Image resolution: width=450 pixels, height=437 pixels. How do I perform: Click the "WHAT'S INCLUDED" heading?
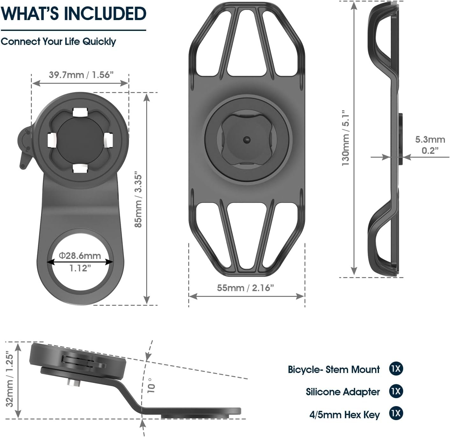pyautogui.click(x=74, y=14)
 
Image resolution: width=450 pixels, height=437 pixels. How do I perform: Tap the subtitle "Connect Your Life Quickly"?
pyautogui.click(x=58, y=42)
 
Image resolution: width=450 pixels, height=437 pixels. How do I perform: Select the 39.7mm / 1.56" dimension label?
pyautogui.click(x=81, y=75)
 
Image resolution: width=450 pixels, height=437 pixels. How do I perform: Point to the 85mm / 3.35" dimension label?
pyautogui.click(x=138, y=199)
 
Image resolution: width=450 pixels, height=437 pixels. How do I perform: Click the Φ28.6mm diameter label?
pyautogui.click(x=80, y=256)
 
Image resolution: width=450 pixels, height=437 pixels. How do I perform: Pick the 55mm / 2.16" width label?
pyautogui.click(x=245, y=288)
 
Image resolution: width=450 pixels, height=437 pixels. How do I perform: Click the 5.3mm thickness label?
pyautogui.click(x=430, y=140)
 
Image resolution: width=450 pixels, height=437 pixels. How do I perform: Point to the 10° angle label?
pyautogui.click(x=151, y=385)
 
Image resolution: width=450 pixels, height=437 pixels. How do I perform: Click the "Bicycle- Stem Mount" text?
pyautogui.click(x=333, y=369)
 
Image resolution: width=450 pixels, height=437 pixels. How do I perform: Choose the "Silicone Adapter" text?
pyautogui.click(x=343, y=392)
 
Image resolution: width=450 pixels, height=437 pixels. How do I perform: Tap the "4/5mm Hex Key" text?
pyautogui.click(x=345, y=414)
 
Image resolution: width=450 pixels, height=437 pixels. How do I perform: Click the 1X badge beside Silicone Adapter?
pyautogui.click(x=396, y=391)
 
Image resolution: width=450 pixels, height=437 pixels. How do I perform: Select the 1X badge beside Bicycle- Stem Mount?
pyautogui.click(x=396, y=369)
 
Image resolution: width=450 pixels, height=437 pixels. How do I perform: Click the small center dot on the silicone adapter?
pyautogui.click(x=246, y=140)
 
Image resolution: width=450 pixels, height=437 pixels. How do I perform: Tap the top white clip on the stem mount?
pyautogui.click(x=80, y=112)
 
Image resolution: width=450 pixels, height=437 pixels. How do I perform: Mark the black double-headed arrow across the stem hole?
pyautogui.click(x=80, y=262)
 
